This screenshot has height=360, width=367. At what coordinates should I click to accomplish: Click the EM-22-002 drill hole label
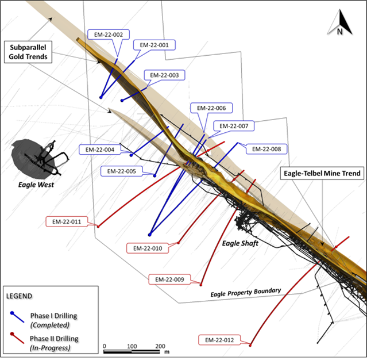point(109,35)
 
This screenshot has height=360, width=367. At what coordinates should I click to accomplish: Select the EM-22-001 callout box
point(154,45)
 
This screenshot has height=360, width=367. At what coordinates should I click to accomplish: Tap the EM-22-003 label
point(164,75)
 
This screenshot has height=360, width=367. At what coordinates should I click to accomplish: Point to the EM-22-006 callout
point(211,108)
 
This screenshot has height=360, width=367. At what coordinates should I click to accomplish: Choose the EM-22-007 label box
point(234,126)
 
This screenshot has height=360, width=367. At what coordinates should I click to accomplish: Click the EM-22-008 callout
point(266,149)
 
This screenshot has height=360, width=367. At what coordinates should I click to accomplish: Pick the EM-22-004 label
point(100,150)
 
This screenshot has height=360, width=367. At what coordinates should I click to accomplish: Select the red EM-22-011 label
point(67,222)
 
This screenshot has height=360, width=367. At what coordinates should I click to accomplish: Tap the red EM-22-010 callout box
point(148,248)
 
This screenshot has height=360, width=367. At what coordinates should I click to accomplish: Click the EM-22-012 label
point(219,340)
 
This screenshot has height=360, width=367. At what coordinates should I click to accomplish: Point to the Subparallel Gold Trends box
point(28,52)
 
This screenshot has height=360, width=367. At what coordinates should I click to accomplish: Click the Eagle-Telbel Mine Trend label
point(322,174)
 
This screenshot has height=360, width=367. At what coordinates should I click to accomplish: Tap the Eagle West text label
point(36,185)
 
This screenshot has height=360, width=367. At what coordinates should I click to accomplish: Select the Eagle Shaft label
point(240,243)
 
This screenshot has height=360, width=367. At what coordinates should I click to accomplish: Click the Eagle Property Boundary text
point(245,293)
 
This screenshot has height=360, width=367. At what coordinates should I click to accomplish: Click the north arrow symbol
point(340,23)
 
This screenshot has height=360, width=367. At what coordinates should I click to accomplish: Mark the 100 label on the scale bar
point(132,346)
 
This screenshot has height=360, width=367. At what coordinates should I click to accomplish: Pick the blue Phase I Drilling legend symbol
point(17,317)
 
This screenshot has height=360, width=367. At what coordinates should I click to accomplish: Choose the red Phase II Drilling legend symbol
point(17,338)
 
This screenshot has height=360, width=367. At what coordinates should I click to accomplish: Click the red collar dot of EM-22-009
point(201,285)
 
